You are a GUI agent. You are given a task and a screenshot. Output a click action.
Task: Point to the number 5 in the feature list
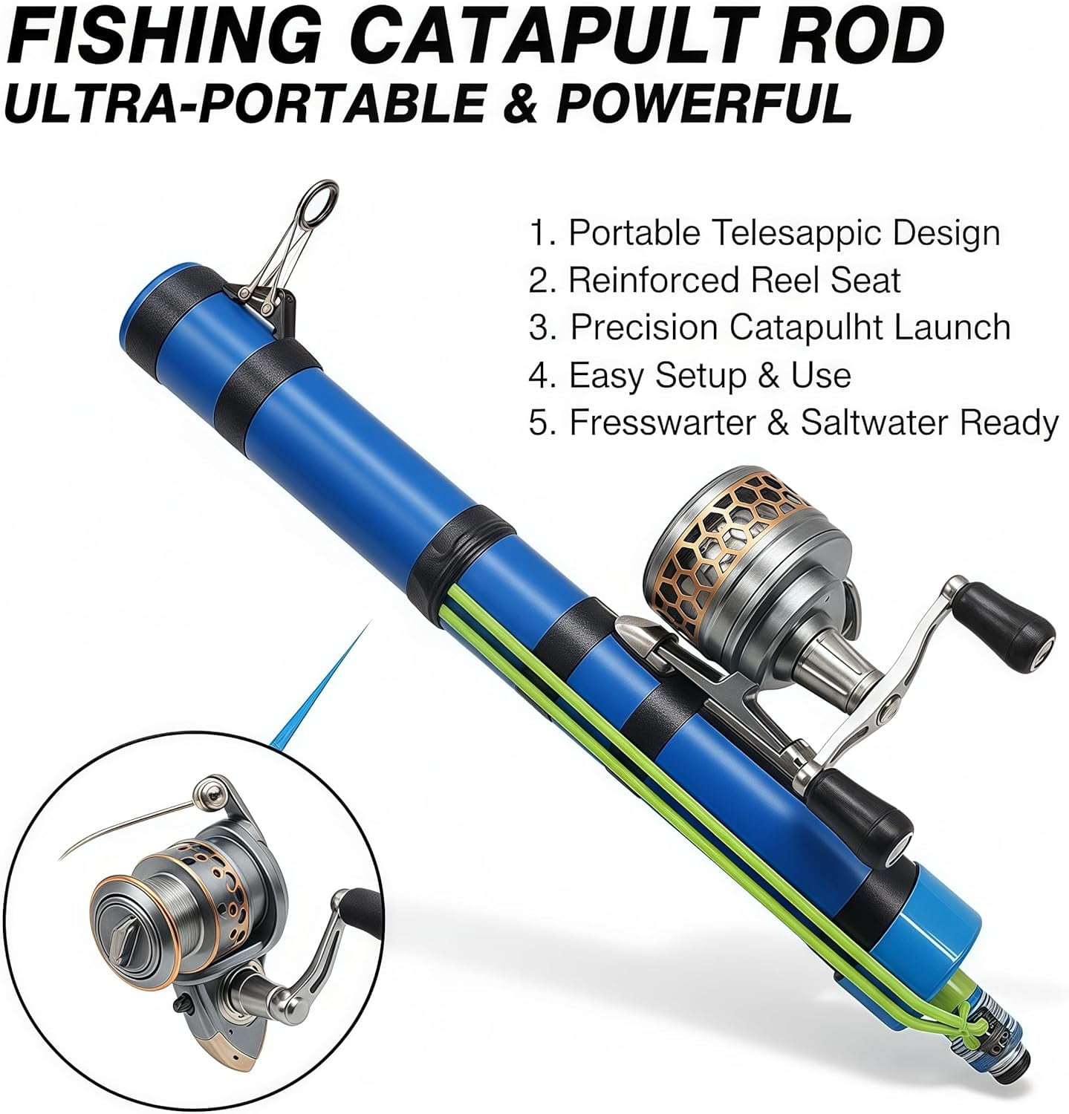click(539, 424)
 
